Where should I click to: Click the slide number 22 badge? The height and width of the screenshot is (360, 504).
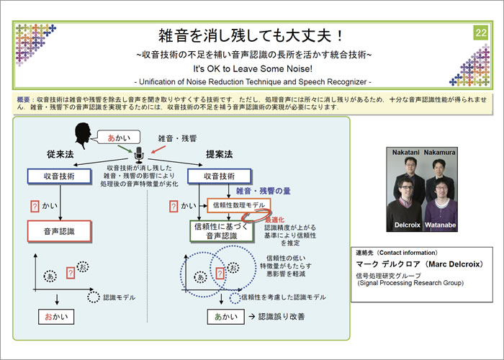point(480,33)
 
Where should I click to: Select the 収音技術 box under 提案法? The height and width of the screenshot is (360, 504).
point(220,176)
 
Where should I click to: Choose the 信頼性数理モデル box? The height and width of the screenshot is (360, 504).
point(235,206)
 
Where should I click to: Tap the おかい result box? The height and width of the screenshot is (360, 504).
point(55,317)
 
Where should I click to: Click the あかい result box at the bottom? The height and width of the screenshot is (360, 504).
point(225,317)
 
